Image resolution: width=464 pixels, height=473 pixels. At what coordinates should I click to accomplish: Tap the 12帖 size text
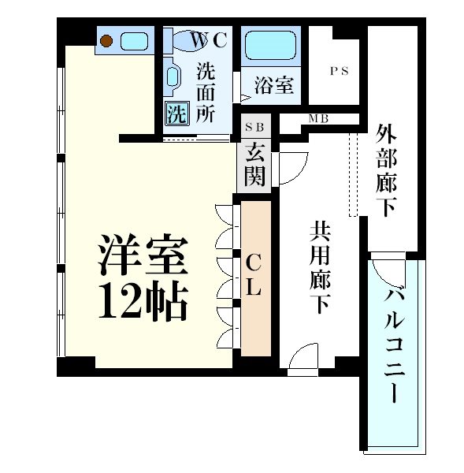143,300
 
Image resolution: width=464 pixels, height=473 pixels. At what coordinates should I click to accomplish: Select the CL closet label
254,275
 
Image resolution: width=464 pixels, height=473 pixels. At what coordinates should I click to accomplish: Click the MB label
318,119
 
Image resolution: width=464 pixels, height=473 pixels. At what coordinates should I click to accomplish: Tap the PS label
339,70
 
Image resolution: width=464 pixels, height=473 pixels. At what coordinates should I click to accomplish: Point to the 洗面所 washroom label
205,91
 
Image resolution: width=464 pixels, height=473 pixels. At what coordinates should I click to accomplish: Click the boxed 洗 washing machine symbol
176,114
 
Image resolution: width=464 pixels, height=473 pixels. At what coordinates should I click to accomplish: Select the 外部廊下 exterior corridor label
386,169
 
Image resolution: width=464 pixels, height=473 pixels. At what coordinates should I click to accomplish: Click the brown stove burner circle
107,40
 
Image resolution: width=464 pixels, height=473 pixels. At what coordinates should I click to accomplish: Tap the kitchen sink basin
136,40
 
